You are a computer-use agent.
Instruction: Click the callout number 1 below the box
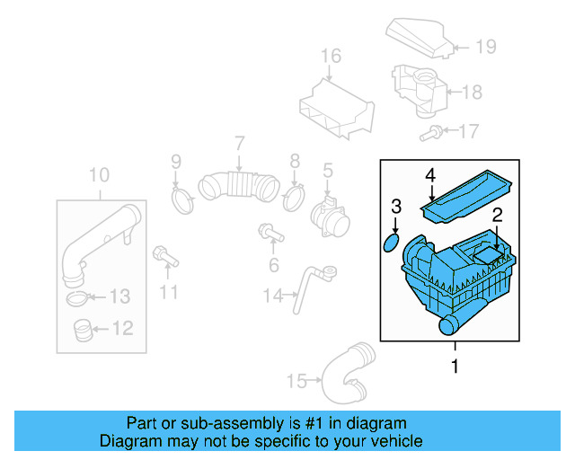[x=455, y=367]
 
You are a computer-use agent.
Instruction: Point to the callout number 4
[x=430, y=174]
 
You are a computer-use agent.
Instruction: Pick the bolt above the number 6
[x=270, y=233]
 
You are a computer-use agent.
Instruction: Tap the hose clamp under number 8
[x=293, y=195]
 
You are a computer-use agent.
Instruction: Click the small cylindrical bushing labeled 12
[x=82, y=331]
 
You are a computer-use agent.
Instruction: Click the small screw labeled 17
[x=431, y=134]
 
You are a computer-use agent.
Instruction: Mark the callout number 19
[x=485, y=46]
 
